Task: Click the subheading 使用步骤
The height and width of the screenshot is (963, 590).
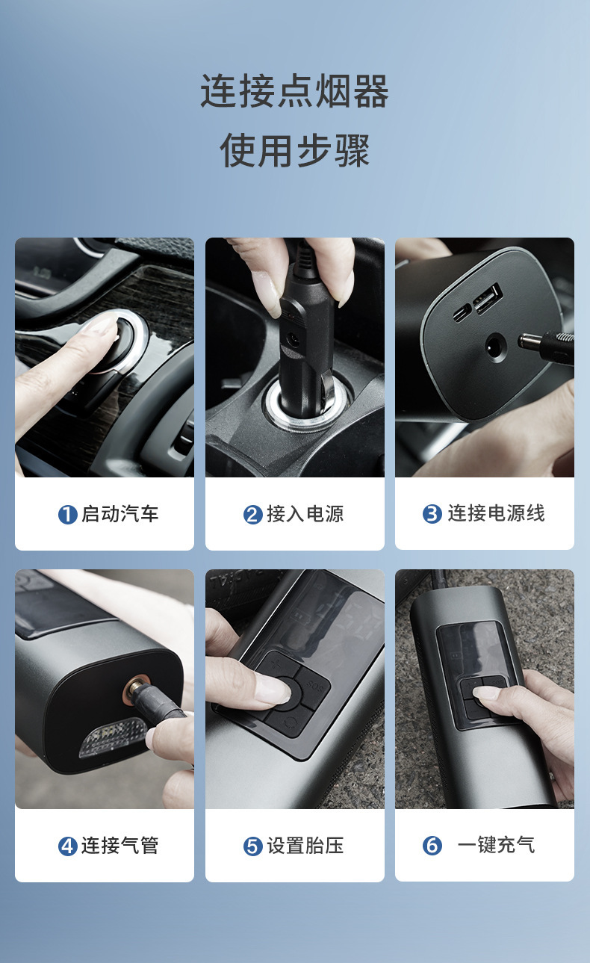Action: point(294,150)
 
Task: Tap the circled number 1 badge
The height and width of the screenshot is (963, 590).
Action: point(68,515)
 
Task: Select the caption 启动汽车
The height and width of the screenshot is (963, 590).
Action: point(119,514)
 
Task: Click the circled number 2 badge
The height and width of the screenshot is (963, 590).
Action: point(253,515)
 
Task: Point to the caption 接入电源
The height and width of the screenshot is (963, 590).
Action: point(305,514)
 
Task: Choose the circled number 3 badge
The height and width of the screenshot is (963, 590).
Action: point(432,515)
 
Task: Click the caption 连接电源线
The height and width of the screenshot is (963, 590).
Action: point(496,514)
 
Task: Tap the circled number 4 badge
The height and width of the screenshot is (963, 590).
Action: point(68,846)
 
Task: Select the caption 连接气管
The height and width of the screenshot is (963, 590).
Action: point(119,846)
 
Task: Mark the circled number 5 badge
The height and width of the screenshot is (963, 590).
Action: point(253,846)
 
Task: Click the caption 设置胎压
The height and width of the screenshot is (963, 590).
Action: point(305,846)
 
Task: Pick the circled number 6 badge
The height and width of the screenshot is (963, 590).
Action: point(432,846)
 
